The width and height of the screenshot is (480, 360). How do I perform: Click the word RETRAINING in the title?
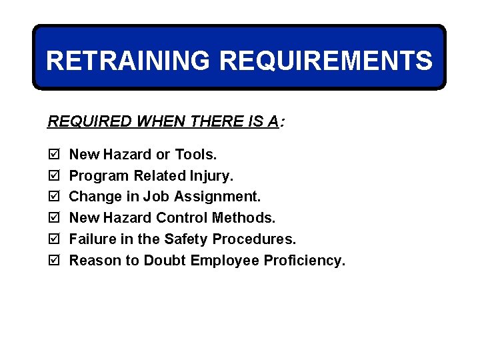129,61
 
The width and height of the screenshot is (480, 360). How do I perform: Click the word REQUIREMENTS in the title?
325,61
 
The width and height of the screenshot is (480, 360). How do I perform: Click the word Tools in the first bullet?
195,155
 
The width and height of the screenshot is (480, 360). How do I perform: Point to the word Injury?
213,176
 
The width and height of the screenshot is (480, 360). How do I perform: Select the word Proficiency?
305,261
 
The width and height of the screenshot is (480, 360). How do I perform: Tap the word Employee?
223,261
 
